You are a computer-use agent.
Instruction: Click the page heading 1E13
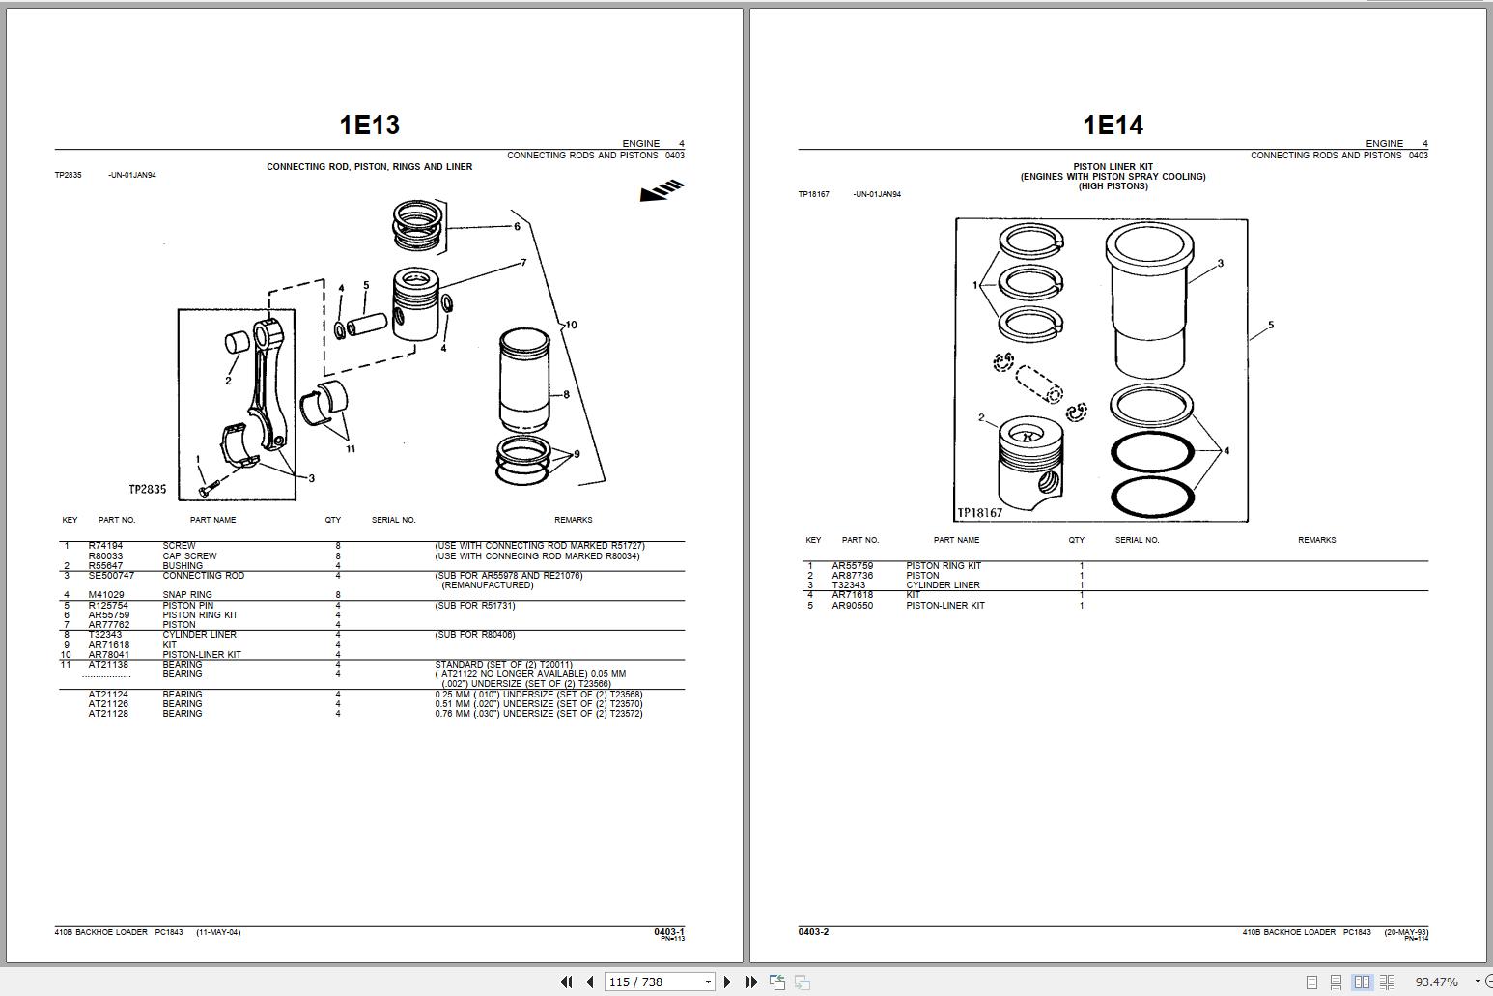pyautogui.click(x=369, y=125)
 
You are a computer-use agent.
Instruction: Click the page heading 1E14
pyautogui.click(x=1113, y=125)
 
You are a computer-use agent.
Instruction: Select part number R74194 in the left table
pyautogui.click(x=106, y=546)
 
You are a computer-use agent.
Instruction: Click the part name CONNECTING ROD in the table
pyautogui.click(x=203, y=576)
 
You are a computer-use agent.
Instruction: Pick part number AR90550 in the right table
pyautogui.click(x=852, y=606)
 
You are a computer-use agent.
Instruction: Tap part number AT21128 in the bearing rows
pyautogui.click(x=108, y=714)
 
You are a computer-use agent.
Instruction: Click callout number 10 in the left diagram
pyautogui.click(x=571, y=325)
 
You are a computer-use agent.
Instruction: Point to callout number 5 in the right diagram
pyautogui.click(x=1270, y=326)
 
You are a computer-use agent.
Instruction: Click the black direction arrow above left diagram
pyautogui.click(x=662, y=190)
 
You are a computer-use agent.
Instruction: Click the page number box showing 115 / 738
pyautogui.click(x=659, y=982)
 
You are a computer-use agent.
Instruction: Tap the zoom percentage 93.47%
pyautogui.click(x=1436, y=982)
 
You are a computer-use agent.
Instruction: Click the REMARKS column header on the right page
pyautogui.click(x=1316, y=540)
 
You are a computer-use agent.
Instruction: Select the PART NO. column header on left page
pyautogui.click(x=117, y=520)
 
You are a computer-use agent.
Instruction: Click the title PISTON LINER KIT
pyautogui.click(x=1113, y=166)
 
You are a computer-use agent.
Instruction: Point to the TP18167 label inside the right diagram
pyautogui.click(x=979, y=513)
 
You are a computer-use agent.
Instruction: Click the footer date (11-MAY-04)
pyautogui.click(x=218, y=932)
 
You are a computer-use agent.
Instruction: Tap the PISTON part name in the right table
pyautogui.click(x=922, y=576)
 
